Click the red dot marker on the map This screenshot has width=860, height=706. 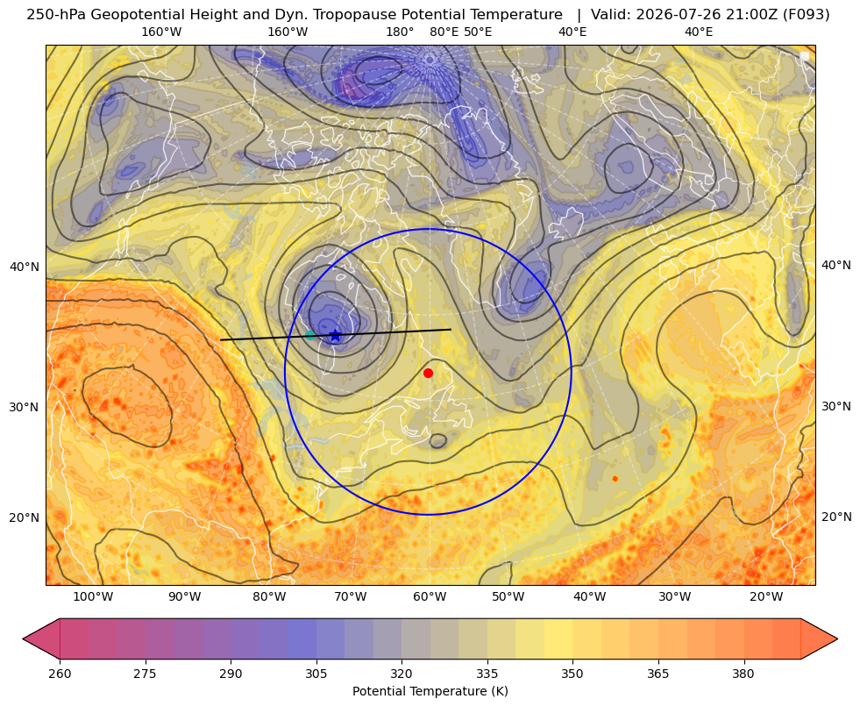pyautogui.click(x=429, y=373)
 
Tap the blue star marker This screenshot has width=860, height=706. pyautogui.click(x=336, y=335)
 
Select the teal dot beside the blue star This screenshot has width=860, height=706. pyautogui.click(x=309, y=335)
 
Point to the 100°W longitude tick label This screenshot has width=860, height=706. pyautogui.click(x=93, y=597)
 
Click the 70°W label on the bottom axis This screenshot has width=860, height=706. pyautogui.click(x=350, y=597)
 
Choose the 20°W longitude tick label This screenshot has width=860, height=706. pyautogui.click(x=765, y=597)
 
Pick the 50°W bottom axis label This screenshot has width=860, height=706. pyautogui.click(x=508, y=597)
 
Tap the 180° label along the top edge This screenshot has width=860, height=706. pyautogui.click(x=400, y=32)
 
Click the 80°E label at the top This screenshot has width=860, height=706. pyautogui.click(x=444, y=32)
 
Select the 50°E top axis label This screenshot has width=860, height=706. pyautogui.click(x=478, y=32)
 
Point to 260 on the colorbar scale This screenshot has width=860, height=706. pyautogui.click(x=60, y=674)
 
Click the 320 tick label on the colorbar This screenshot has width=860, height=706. pyautogui.click(x=402, y=674)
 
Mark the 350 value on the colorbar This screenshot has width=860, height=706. pyautogui.click(x=572, y=674)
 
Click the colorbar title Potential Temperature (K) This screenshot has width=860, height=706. pyautogui.click(x=430, y=691)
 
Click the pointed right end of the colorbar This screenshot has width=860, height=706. pyautogui.click(x=837, y=638)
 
